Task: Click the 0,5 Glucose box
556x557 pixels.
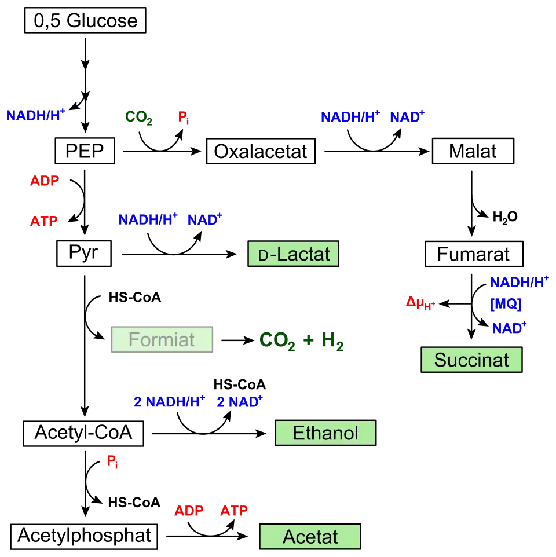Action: click(85, 20)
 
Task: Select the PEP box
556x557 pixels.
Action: click(85, 151)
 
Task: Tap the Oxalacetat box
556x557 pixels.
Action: click(261, 151)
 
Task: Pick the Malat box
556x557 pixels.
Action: click(473, 151)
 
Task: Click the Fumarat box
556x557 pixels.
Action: click(474, 254)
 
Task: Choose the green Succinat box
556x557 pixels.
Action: click(471, 360)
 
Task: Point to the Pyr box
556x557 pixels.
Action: click(84, 253)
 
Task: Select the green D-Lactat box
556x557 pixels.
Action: click(293, 254)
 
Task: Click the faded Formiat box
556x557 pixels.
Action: click(162, 339)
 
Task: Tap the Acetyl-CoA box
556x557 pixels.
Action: click(83, 433)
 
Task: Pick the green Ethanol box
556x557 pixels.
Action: click(325, 433)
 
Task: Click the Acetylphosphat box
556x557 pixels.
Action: click(84, 536)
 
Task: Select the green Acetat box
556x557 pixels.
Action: click(310, 536)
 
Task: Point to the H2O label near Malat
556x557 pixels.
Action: click(505, 217)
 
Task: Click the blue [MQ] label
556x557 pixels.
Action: click(506, 304)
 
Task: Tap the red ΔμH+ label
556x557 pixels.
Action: click(420, 303)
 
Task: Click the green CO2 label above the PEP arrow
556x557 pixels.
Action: click(138, 117)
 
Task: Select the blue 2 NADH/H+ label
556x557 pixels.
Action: click(170, 401)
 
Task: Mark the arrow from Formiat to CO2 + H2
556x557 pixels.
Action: click(237, 340)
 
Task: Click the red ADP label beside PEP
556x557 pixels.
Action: click(45, 181)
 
